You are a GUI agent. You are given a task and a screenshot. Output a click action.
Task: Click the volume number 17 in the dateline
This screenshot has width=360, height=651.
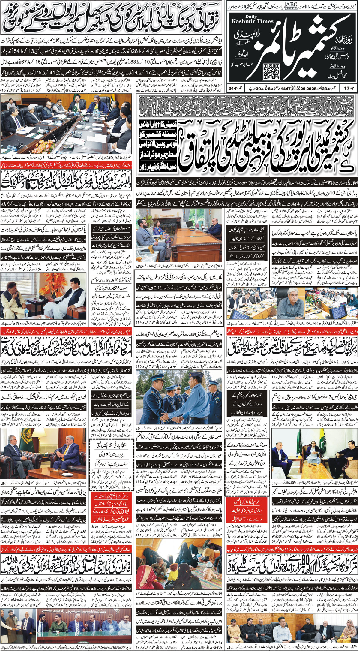point(351,89)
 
